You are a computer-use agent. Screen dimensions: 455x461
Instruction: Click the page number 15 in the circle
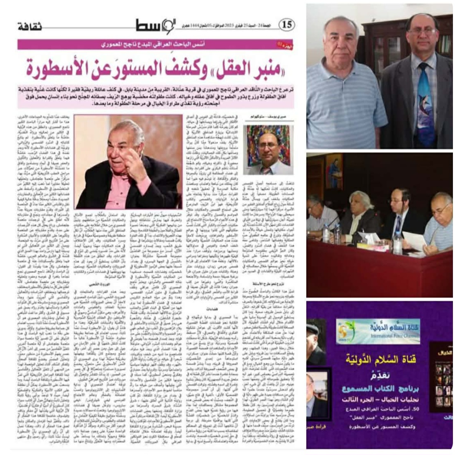coord(287,25)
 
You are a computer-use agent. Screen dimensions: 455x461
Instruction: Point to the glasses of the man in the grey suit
coord(421,31)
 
